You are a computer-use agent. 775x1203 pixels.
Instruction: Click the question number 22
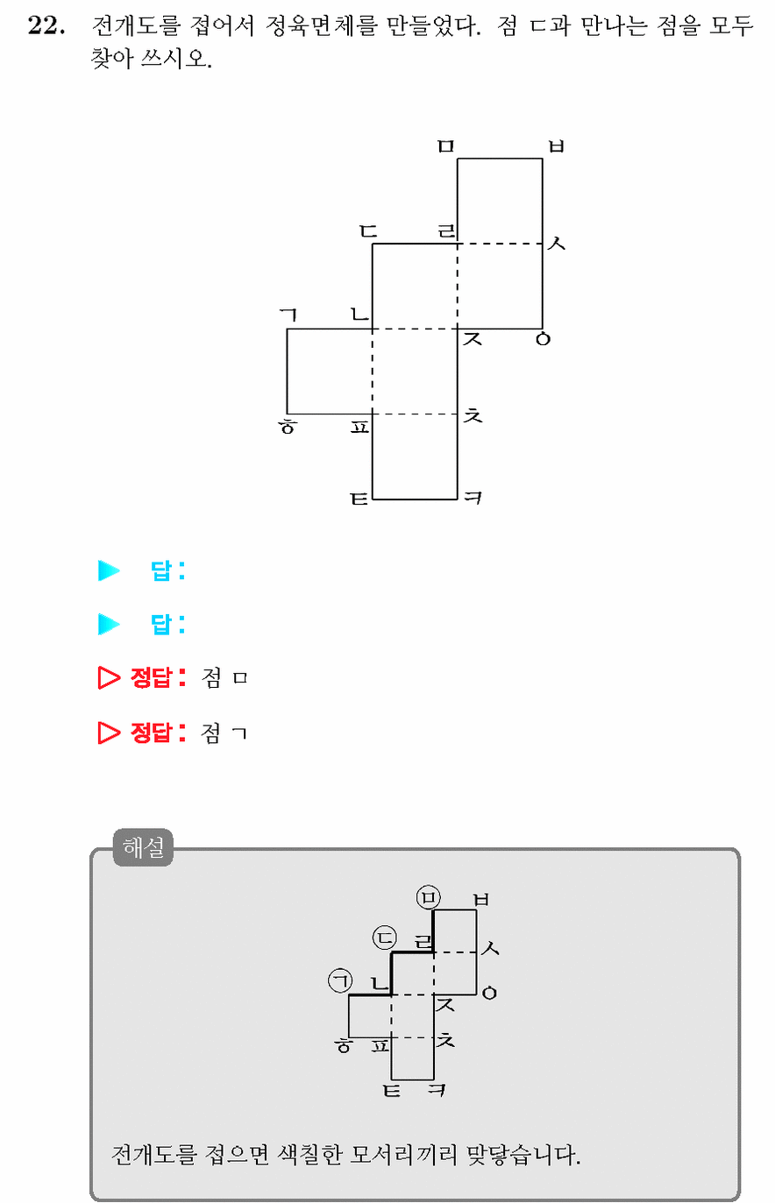46,25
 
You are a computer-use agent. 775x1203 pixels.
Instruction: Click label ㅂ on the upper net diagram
556,145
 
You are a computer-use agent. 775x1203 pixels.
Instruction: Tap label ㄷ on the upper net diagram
368,231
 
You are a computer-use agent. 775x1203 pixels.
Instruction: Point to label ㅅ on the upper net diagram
557,244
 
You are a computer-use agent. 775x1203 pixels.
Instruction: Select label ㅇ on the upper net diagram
544,339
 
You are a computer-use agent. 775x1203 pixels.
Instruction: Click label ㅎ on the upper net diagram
288,426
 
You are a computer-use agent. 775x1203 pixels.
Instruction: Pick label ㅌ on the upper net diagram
359,499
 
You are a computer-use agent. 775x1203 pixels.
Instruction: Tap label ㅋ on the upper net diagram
473,498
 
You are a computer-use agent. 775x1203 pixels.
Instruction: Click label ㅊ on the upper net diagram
473,414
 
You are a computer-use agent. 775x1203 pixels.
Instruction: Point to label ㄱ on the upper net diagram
288,315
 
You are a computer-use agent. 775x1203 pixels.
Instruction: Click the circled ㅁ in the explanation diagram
429,897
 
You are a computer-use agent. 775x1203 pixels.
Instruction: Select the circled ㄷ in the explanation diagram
385,938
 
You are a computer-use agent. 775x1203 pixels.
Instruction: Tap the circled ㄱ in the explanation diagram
340,980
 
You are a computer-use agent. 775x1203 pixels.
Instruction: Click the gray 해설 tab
143,847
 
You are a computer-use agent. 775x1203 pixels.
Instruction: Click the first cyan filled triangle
109,570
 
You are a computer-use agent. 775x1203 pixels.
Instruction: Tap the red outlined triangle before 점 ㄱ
109,732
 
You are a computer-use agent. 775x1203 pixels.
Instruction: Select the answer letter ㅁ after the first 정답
240,678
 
